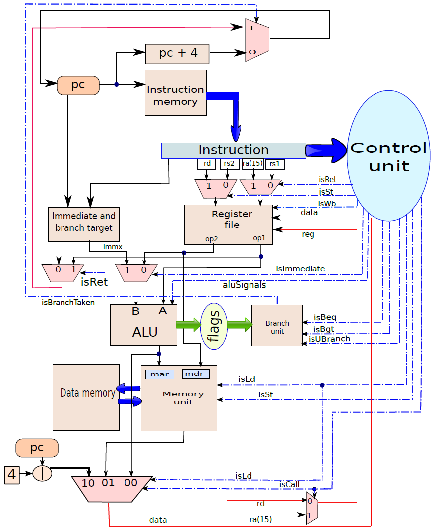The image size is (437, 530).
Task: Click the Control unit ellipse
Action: tap(388, 155)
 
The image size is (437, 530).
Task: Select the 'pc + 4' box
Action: tap(177, 54)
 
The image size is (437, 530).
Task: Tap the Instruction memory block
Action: tap(176, 92)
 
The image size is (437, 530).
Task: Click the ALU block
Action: tap(143, 325)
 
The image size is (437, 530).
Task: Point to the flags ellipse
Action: tap(214, 326)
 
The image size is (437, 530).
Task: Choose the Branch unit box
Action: tap(277, 325)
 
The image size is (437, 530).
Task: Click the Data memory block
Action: tap(86, 397)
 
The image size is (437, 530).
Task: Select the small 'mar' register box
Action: tap(160, 374)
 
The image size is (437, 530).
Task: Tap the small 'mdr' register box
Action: tap(196, 374)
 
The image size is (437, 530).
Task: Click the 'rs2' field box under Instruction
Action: tap(229, 164)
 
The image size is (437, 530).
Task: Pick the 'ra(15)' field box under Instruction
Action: tap(253, 164)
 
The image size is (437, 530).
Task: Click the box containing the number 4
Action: tap(12, 474)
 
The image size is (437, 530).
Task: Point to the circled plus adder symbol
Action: tap(42, 473)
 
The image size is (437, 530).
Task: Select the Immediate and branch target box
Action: tap(84, 225)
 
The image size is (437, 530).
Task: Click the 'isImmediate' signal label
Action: tap(300, 269)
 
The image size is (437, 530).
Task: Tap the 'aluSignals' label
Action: tap(245, 285)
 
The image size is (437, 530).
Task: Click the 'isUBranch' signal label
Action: tap(329, 339)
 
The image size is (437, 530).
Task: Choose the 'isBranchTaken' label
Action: tap(68, 303)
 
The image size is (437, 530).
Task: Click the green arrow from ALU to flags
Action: tap(188, 325)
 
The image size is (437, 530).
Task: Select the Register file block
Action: tap(229, 225)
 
